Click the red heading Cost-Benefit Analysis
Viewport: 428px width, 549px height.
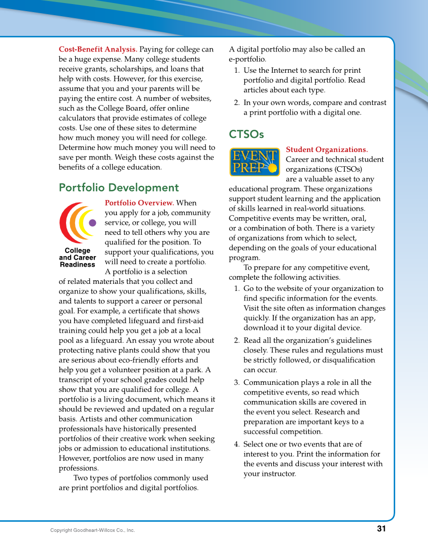98,49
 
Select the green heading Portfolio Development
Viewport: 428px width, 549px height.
118,188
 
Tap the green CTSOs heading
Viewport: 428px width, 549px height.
246,134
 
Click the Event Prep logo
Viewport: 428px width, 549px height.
255,162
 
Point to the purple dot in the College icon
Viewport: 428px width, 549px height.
92,223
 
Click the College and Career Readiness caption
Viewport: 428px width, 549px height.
77,258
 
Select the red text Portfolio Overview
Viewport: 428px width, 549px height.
139,203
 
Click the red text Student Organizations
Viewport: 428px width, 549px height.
327,150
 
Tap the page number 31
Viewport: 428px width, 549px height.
381,529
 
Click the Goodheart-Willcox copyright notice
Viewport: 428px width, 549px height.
92,530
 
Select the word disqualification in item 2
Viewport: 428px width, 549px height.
348,360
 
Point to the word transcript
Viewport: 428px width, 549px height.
76,380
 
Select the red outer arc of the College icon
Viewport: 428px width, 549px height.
64,223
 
